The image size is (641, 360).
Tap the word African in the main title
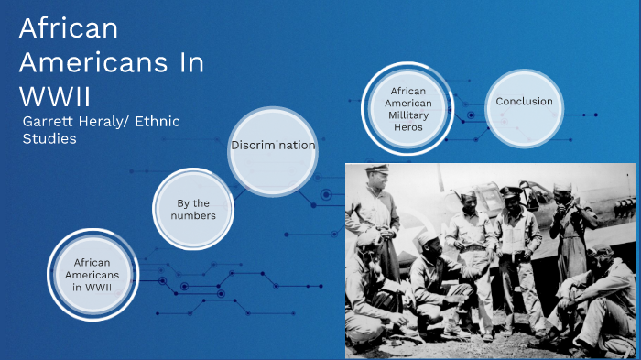70,29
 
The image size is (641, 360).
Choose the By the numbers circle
192,209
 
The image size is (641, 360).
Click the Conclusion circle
524,102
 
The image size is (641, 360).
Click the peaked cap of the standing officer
509,191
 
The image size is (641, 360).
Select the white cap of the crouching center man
429,240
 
